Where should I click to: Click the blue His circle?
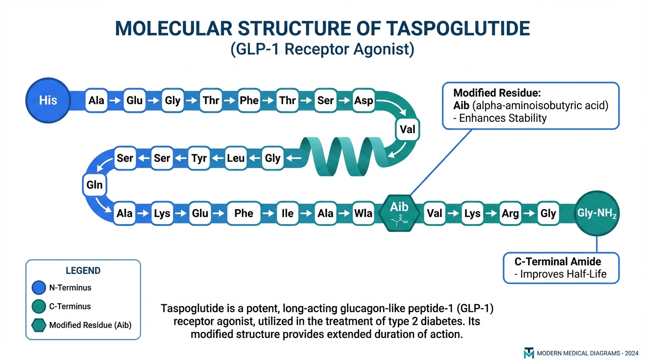pos(48,100)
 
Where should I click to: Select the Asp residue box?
pos(364,101)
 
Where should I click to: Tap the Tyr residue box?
pos(199,158)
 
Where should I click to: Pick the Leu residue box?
pos(236,158)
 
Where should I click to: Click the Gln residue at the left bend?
pos(94,185)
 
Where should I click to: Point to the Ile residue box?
pos(287,214)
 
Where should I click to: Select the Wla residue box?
pos(363,214)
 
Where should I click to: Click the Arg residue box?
pos(510,214)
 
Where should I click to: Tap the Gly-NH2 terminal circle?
pos(597,213)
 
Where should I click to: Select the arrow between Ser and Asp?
pos(344,101)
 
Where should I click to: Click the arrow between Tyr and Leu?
pos(217,158)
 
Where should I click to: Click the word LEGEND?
pos(83,270)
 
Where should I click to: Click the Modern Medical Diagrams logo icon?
pos(529,353)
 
